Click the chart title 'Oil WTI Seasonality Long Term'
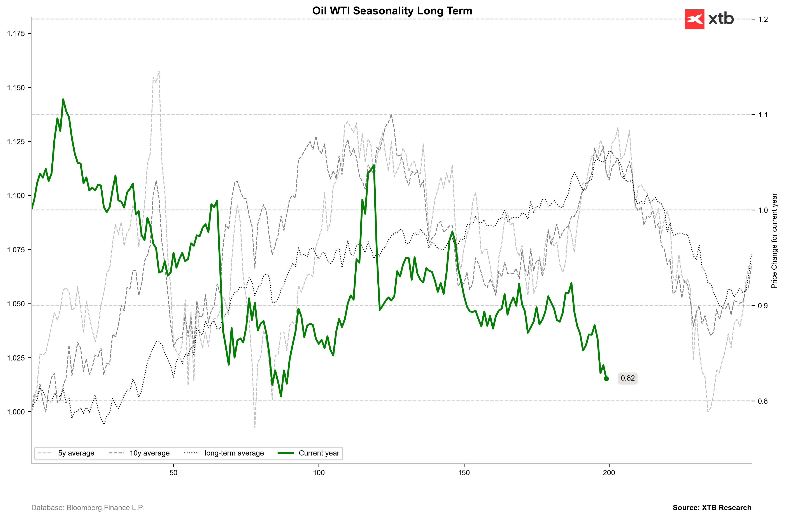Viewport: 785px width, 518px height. pos(392,11)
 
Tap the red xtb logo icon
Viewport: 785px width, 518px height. pos(694,19)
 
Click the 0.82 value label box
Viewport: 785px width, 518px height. pos(627,378)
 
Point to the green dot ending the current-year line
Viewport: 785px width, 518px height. pos(606,379)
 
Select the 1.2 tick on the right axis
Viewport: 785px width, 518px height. pos(763,19)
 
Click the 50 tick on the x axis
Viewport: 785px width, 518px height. pos(173,473)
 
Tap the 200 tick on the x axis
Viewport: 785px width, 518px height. pos(609,473)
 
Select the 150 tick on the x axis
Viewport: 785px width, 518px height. pos(464,473)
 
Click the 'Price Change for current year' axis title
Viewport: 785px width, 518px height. pos(774,241)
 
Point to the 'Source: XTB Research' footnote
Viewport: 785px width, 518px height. pos(712,508)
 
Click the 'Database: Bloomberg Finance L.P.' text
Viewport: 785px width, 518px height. pos(88,508)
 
